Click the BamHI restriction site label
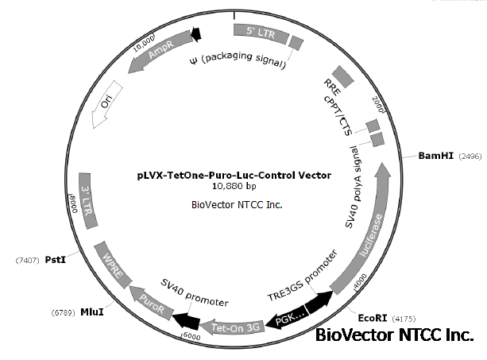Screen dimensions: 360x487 [x=436, y=156]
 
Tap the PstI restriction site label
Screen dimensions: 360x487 [x=53, y=259]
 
